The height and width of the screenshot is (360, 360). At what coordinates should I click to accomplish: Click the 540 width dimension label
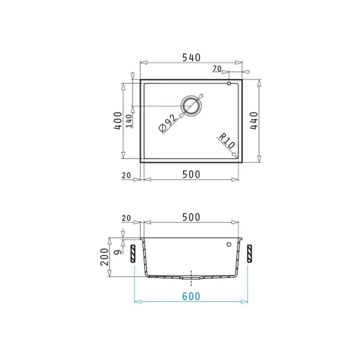point(191,58)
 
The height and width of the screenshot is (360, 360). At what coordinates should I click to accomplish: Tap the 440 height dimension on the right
point(254,121)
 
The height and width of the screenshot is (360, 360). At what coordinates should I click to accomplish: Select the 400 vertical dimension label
point(118,121)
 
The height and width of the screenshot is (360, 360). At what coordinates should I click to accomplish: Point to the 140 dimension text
point(129,121)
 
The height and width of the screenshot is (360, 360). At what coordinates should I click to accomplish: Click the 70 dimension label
point(217,69)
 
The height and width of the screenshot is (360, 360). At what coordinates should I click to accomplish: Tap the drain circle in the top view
point(191,106)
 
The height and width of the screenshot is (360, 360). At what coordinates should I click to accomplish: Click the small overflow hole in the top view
point(229,83)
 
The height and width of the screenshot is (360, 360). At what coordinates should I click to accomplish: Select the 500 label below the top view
point(191,175)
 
